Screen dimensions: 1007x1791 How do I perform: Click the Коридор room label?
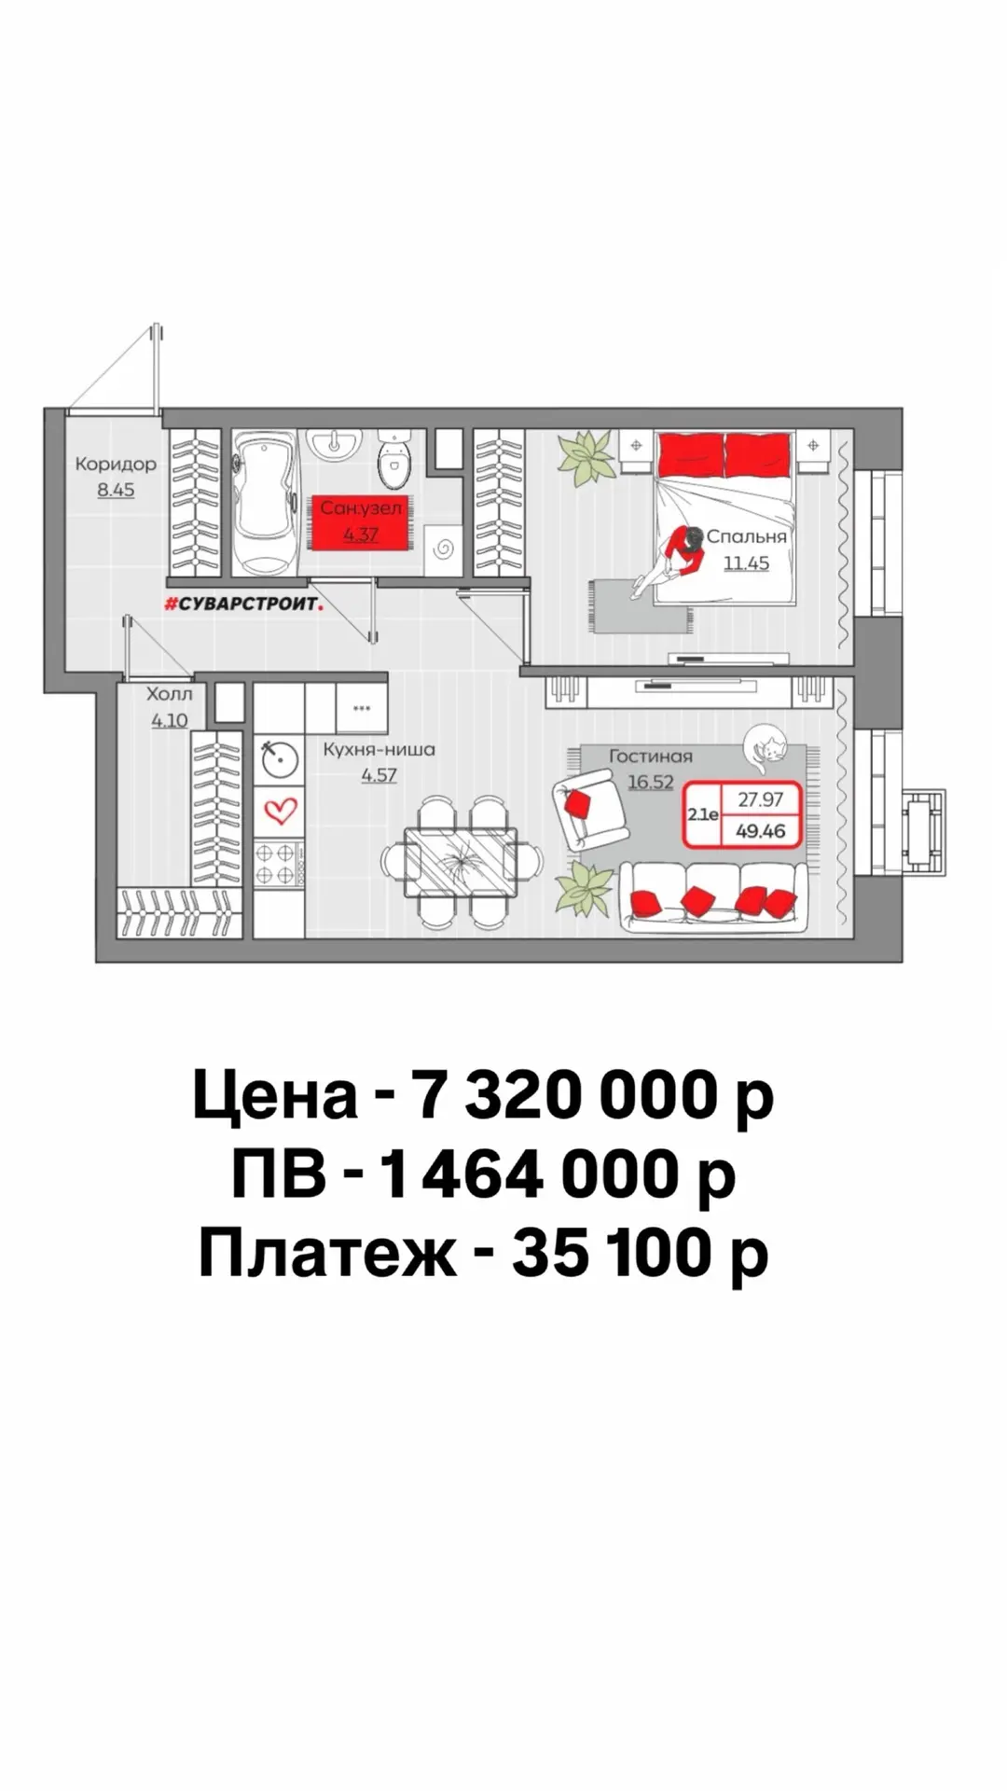(x=116, y=464)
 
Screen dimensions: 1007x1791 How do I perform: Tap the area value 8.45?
(x=116, y=489)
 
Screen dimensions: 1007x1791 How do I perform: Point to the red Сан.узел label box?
(x=360, y=521)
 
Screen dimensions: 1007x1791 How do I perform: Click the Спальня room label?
(x=746, y=536)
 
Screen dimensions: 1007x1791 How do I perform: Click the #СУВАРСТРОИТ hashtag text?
(x=243, y=604)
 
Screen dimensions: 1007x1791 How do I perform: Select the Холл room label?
(x=170, y=694)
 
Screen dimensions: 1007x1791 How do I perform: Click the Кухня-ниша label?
(x=379, y=749)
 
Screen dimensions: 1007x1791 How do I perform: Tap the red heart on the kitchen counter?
(x=280, y=810)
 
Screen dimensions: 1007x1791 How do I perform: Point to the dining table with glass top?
(x=461, y=861)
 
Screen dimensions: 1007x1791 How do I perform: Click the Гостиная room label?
(x=651, y=757)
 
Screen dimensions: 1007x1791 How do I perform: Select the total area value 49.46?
(x=761, y=830)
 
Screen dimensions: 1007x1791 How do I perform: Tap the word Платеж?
(x=327, y=1255)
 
